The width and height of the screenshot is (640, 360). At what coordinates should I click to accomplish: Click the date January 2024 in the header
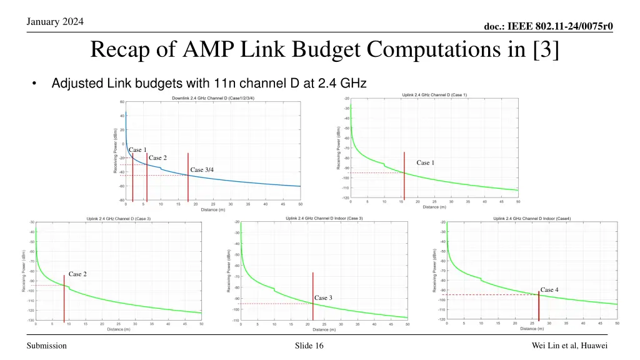click(x=56, y=22)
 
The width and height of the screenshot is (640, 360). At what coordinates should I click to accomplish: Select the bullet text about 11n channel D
click(x=209, y=83)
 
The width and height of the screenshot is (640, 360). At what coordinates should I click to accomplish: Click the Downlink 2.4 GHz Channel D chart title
click(x=212, y=98)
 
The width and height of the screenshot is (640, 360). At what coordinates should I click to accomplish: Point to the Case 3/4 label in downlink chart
click(x=202, y=170)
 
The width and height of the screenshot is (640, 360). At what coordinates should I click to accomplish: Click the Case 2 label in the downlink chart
click(x=157, y=158)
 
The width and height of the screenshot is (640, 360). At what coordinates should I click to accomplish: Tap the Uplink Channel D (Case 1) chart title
click(x=434, y=94)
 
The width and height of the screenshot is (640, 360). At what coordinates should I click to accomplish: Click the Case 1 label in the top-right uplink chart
click(x=426, y=162)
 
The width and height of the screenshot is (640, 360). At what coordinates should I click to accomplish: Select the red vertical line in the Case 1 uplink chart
click(x=404, y=181)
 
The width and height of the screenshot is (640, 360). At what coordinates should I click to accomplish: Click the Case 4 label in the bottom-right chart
click(x=549, y=289)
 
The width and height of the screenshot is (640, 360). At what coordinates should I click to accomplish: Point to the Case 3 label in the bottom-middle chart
click(x=323, y=297)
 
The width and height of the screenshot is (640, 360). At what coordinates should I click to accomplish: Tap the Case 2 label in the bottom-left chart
click(x=77, y=274)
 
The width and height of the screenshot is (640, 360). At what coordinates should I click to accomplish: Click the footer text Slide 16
click(x=309, y=346)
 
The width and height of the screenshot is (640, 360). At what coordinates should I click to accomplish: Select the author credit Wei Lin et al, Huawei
click(x=569, y=346)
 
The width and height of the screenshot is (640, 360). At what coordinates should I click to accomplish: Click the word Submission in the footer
click(x=47, y=346)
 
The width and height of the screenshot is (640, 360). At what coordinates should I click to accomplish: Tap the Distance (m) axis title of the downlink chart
click(x=213, y=209)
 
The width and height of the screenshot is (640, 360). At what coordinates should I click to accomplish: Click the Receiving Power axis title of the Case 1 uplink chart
click(x=339, y=149)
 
